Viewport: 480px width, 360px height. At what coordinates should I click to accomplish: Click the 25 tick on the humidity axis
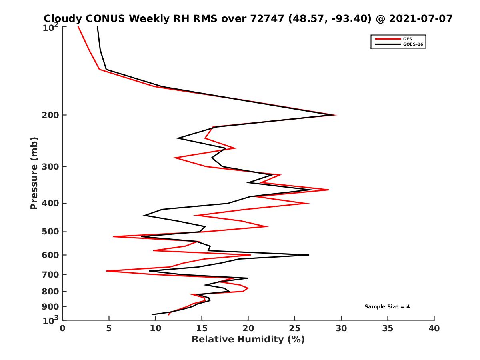(295, 328)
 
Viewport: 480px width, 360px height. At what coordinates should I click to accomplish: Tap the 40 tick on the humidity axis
(434, 328)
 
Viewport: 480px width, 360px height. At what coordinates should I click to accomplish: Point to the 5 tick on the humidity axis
(109, 328)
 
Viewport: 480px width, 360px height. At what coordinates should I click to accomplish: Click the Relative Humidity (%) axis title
(248, 340)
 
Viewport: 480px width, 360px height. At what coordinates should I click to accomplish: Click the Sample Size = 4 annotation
(387, 307)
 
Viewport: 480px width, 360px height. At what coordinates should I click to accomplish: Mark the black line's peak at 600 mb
(308, 255)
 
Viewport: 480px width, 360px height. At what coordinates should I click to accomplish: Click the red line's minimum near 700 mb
(107, 271)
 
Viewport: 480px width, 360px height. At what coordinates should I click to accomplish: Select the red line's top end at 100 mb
(78, 27)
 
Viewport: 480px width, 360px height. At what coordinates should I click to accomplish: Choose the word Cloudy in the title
(63, 18)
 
